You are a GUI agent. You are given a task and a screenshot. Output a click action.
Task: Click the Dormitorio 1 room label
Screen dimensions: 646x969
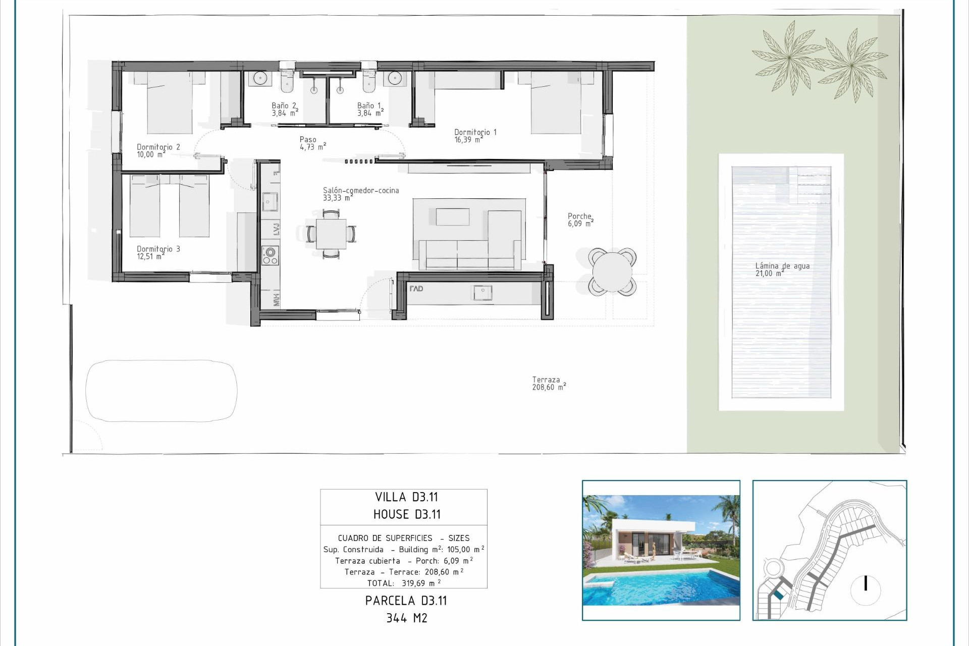(475, 136)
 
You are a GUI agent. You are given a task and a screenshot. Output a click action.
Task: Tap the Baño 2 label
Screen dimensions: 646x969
(284, 109)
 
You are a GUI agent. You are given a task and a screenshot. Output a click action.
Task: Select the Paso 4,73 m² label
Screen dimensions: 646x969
(312, 143)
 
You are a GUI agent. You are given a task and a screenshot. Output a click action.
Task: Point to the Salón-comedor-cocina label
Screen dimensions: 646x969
(360, 194)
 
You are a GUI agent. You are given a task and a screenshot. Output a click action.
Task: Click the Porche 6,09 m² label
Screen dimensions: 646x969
(580, 220)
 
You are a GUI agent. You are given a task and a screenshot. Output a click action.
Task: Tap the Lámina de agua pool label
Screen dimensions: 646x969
(782, 270)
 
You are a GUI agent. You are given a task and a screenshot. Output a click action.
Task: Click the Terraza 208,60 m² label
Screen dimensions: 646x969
(548, 384)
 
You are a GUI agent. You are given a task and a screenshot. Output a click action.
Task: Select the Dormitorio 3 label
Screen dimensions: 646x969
(158, 252)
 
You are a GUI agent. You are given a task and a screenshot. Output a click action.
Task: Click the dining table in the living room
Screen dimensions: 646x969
(331, 234)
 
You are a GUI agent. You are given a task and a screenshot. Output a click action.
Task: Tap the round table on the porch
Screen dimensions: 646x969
(612, 272)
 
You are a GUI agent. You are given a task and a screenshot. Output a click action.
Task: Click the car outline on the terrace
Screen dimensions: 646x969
(161, 391)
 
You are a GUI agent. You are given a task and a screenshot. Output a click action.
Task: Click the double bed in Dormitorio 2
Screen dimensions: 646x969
(170, 103)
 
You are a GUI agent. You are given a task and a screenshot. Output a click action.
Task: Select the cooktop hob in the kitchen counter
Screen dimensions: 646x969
(270, 255)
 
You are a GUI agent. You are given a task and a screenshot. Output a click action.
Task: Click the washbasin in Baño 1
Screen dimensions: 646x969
(395, 78)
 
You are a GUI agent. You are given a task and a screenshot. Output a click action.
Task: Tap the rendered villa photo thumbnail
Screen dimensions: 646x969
(661, 550)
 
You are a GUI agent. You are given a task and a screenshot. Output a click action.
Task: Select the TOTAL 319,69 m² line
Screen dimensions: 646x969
(404, 583)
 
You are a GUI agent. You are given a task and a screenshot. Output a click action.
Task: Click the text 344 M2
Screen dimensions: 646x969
(406, 618)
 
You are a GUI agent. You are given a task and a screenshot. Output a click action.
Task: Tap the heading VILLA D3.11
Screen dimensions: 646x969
(406, 497)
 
